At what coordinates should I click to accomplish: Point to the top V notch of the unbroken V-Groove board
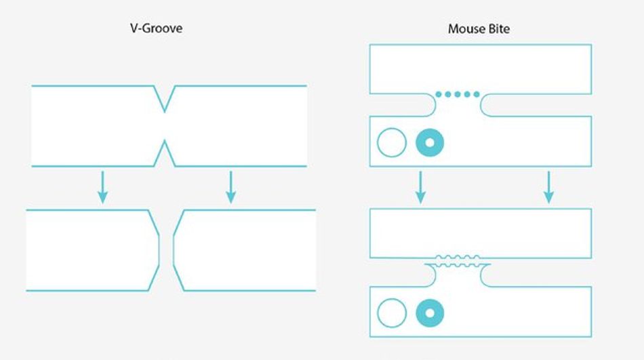tap(165, 99)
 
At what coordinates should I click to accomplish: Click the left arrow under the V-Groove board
tap(102, 186)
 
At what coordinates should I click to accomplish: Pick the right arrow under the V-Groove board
tap(230, 186)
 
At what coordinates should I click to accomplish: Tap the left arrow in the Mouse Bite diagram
tap(420, 186)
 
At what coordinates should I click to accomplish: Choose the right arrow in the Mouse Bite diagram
tap(548, 186)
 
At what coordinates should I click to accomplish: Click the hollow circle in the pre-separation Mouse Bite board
tap(391, 143)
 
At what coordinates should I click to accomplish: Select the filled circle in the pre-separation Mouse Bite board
tap(430, 143)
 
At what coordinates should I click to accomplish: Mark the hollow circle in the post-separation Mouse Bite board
tap(391, 313)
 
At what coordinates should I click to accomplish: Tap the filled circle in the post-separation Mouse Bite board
tap(430, 313)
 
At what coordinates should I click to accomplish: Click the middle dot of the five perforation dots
tap(458, 94)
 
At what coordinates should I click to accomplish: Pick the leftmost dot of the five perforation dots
tap(439, 94)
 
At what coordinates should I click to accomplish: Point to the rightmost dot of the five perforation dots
tap(477, 94)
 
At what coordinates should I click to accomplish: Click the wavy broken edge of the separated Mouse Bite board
tap(458, 260)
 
